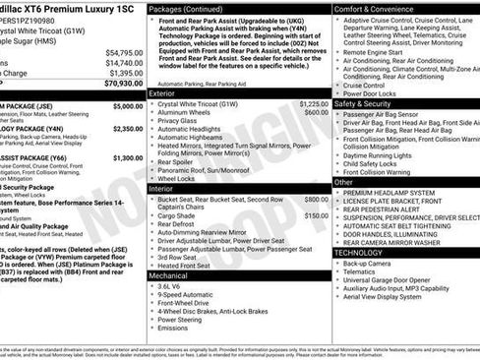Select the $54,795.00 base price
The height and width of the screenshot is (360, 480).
[123, 52]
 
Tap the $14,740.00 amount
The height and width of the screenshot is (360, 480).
[123, 62]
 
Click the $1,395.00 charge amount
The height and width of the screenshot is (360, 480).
[125, 73]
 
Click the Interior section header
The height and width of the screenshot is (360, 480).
[161, 188]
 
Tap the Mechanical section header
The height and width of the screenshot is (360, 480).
[168, 275]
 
